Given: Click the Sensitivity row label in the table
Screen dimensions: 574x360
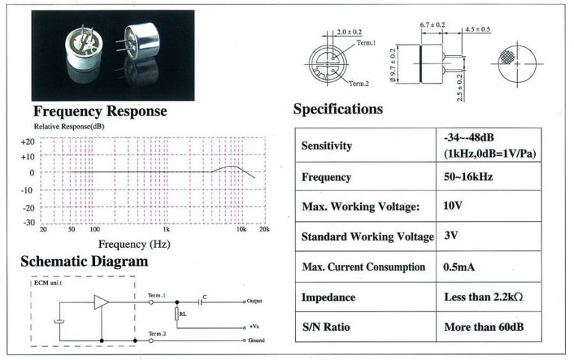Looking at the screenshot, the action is coord(326,146).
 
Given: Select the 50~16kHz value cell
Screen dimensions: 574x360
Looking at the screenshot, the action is coord(468,177).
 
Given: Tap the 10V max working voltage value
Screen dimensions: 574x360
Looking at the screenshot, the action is coord(452,205).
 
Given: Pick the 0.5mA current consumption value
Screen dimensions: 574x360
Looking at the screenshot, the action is coord(459,267).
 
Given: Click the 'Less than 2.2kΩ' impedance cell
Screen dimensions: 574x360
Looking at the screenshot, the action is coord(484,297).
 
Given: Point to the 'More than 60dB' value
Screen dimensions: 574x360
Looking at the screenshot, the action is coord(484,326).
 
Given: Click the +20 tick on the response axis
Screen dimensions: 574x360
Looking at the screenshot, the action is coord(28,142).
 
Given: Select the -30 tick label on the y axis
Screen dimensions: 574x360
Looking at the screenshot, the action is coord(29,223).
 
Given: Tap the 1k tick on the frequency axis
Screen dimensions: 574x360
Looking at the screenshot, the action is coord(166,229).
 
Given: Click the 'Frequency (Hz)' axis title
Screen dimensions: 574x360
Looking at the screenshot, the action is coord(134,244).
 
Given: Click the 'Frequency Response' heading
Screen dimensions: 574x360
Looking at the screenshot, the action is coord(100,111).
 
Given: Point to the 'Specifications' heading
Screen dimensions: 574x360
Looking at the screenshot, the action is coord(338,109).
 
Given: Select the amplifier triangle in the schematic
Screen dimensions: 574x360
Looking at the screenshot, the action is coord(101,302).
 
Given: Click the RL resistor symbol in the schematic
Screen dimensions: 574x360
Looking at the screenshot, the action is coord(177,314).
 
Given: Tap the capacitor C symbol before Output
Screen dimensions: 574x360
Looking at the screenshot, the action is coord(200,302).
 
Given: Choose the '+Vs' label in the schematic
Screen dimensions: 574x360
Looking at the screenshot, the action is coord(254,326).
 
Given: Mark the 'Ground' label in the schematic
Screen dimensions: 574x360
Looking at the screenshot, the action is coord(256,341).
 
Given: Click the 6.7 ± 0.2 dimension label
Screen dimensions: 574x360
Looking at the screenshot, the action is coord(432,25).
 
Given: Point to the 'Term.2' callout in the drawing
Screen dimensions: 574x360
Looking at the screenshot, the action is coord(359,84).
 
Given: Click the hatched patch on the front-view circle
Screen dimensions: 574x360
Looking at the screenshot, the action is coord(507,56).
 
